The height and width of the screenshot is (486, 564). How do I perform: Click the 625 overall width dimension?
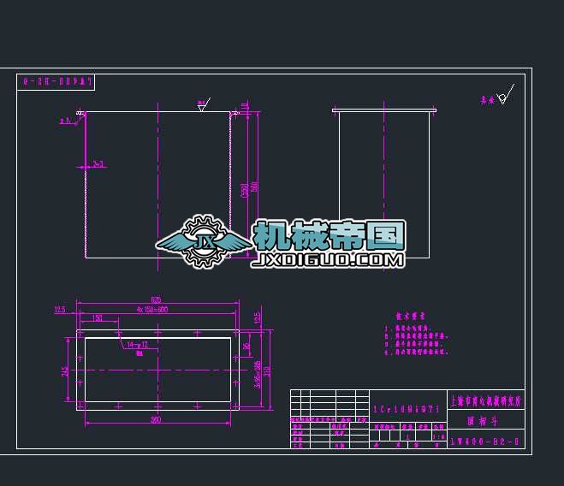(156, 299)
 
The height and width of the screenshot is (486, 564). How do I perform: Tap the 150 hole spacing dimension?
(98, 317)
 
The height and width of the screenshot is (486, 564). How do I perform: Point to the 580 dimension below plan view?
(156, 419)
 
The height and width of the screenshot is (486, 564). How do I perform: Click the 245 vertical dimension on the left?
(65, 370)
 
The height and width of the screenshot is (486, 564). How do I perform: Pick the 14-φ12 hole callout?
(138, 346)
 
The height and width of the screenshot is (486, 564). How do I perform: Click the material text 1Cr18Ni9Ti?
(407, 410)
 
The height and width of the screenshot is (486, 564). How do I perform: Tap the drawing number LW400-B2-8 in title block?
(485, 442)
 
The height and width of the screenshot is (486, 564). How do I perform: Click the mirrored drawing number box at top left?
(56, 82)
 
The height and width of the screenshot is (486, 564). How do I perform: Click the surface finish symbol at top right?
(505, 97)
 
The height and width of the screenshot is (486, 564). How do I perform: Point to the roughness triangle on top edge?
(203, 106)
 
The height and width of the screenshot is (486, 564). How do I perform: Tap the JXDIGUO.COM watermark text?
(328, 259)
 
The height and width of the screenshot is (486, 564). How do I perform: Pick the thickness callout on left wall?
(98, 163)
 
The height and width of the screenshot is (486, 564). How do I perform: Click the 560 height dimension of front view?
(254, 187)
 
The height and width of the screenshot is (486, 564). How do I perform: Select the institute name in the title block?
(485, 400)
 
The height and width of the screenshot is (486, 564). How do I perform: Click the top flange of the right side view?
(384, 110)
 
